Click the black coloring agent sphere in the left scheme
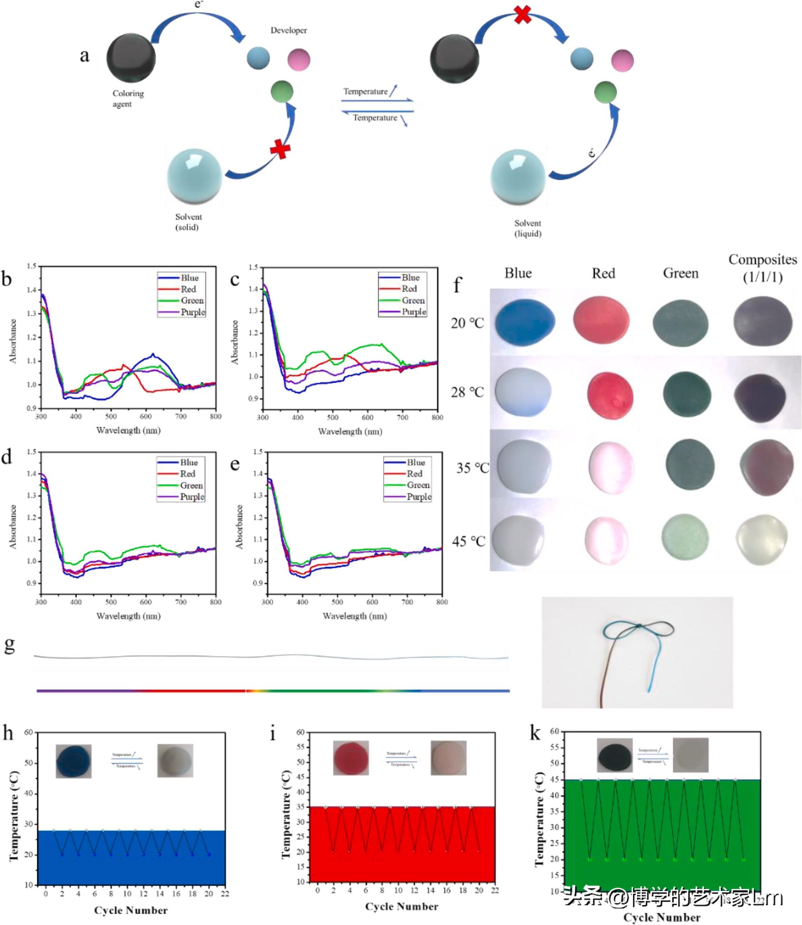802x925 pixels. [x=131, y=58]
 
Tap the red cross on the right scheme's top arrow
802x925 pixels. [x=522, y=15]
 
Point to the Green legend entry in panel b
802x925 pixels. [x=192, y=301]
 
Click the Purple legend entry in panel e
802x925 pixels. [x=419, y=496]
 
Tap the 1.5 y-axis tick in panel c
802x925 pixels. [x=253, y=267]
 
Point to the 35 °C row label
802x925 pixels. [x=472, y=468]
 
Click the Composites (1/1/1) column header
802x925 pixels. [x=763, y=268]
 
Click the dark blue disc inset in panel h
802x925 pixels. [x=73, y=761]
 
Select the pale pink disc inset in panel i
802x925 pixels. [x=449, y=757]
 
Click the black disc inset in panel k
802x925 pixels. [x=614, y=755]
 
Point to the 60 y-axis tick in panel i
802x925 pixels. [x=300, y=732]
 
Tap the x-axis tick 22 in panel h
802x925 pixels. [x=225, y=894]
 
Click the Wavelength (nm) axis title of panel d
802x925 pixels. [x=128, y=616]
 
